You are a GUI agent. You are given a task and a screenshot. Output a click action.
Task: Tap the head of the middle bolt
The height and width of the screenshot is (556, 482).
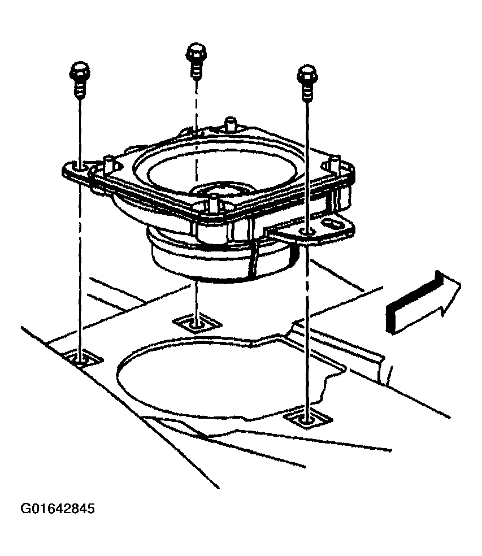coord(196,53)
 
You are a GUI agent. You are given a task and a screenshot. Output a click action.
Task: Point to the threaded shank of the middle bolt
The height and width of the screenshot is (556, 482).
coord(196,70)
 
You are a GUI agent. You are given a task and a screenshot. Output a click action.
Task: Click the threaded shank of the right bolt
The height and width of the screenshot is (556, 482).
coord(307,92)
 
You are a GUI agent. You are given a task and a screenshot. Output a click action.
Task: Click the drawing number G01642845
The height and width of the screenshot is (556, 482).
coord(58,509)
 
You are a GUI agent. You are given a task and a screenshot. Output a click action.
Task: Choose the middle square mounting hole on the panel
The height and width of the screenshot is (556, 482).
coord(197,323)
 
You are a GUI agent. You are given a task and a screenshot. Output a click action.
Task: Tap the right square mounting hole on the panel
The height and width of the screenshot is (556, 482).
coord(307,419)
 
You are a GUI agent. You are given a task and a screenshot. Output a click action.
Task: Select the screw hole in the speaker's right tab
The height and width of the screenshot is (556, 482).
coord(307,232)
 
